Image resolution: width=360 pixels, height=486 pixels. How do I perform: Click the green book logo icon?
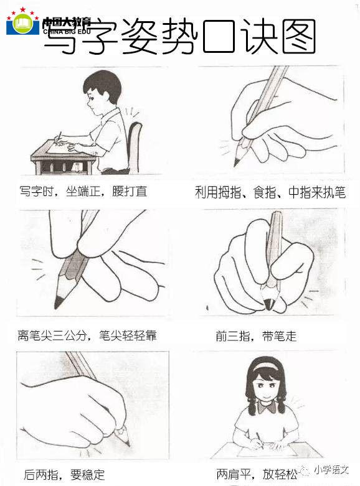pos(23,24)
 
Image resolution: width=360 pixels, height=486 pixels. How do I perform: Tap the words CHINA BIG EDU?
pos(67,31)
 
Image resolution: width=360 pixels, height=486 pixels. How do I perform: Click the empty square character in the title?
pos(218,36)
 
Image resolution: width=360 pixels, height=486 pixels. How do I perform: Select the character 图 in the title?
pos(299,36)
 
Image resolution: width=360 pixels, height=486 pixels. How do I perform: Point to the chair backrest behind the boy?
pos(134,146)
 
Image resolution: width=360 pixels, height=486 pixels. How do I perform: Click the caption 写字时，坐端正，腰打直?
pos(83,191)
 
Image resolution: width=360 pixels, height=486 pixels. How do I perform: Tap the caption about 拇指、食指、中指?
pos(270,192)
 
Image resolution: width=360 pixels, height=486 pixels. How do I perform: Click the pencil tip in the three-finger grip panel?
pos(237,162)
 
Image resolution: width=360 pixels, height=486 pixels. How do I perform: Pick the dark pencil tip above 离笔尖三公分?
pos(58,302)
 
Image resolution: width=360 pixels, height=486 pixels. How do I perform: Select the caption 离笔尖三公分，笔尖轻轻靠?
pos(87,335)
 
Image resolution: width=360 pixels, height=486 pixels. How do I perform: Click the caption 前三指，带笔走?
pos(257,336)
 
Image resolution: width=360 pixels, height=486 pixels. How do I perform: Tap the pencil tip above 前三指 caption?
pos(268,304)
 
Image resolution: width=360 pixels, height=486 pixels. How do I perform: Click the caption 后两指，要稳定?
pos(64,475)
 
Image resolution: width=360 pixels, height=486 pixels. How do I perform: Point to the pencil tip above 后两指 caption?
pos(127,444)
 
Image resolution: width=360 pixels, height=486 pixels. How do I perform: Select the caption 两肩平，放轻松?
pos(257,474)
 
